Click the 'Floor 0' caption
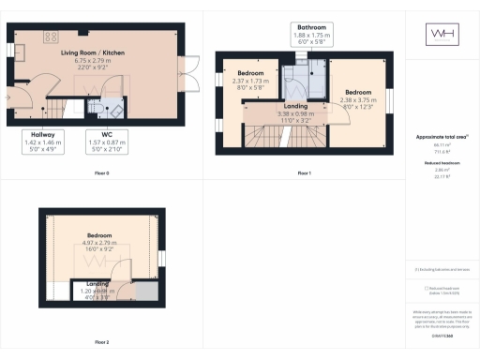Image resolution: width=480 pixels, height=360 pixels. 102,173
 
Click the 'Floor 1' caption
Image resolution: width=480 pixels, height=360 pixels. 304,173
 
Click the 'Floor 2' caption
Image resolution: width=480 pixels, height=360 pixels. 102,342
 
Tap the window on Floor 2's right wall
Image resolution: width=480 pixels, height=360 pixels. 161,258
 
